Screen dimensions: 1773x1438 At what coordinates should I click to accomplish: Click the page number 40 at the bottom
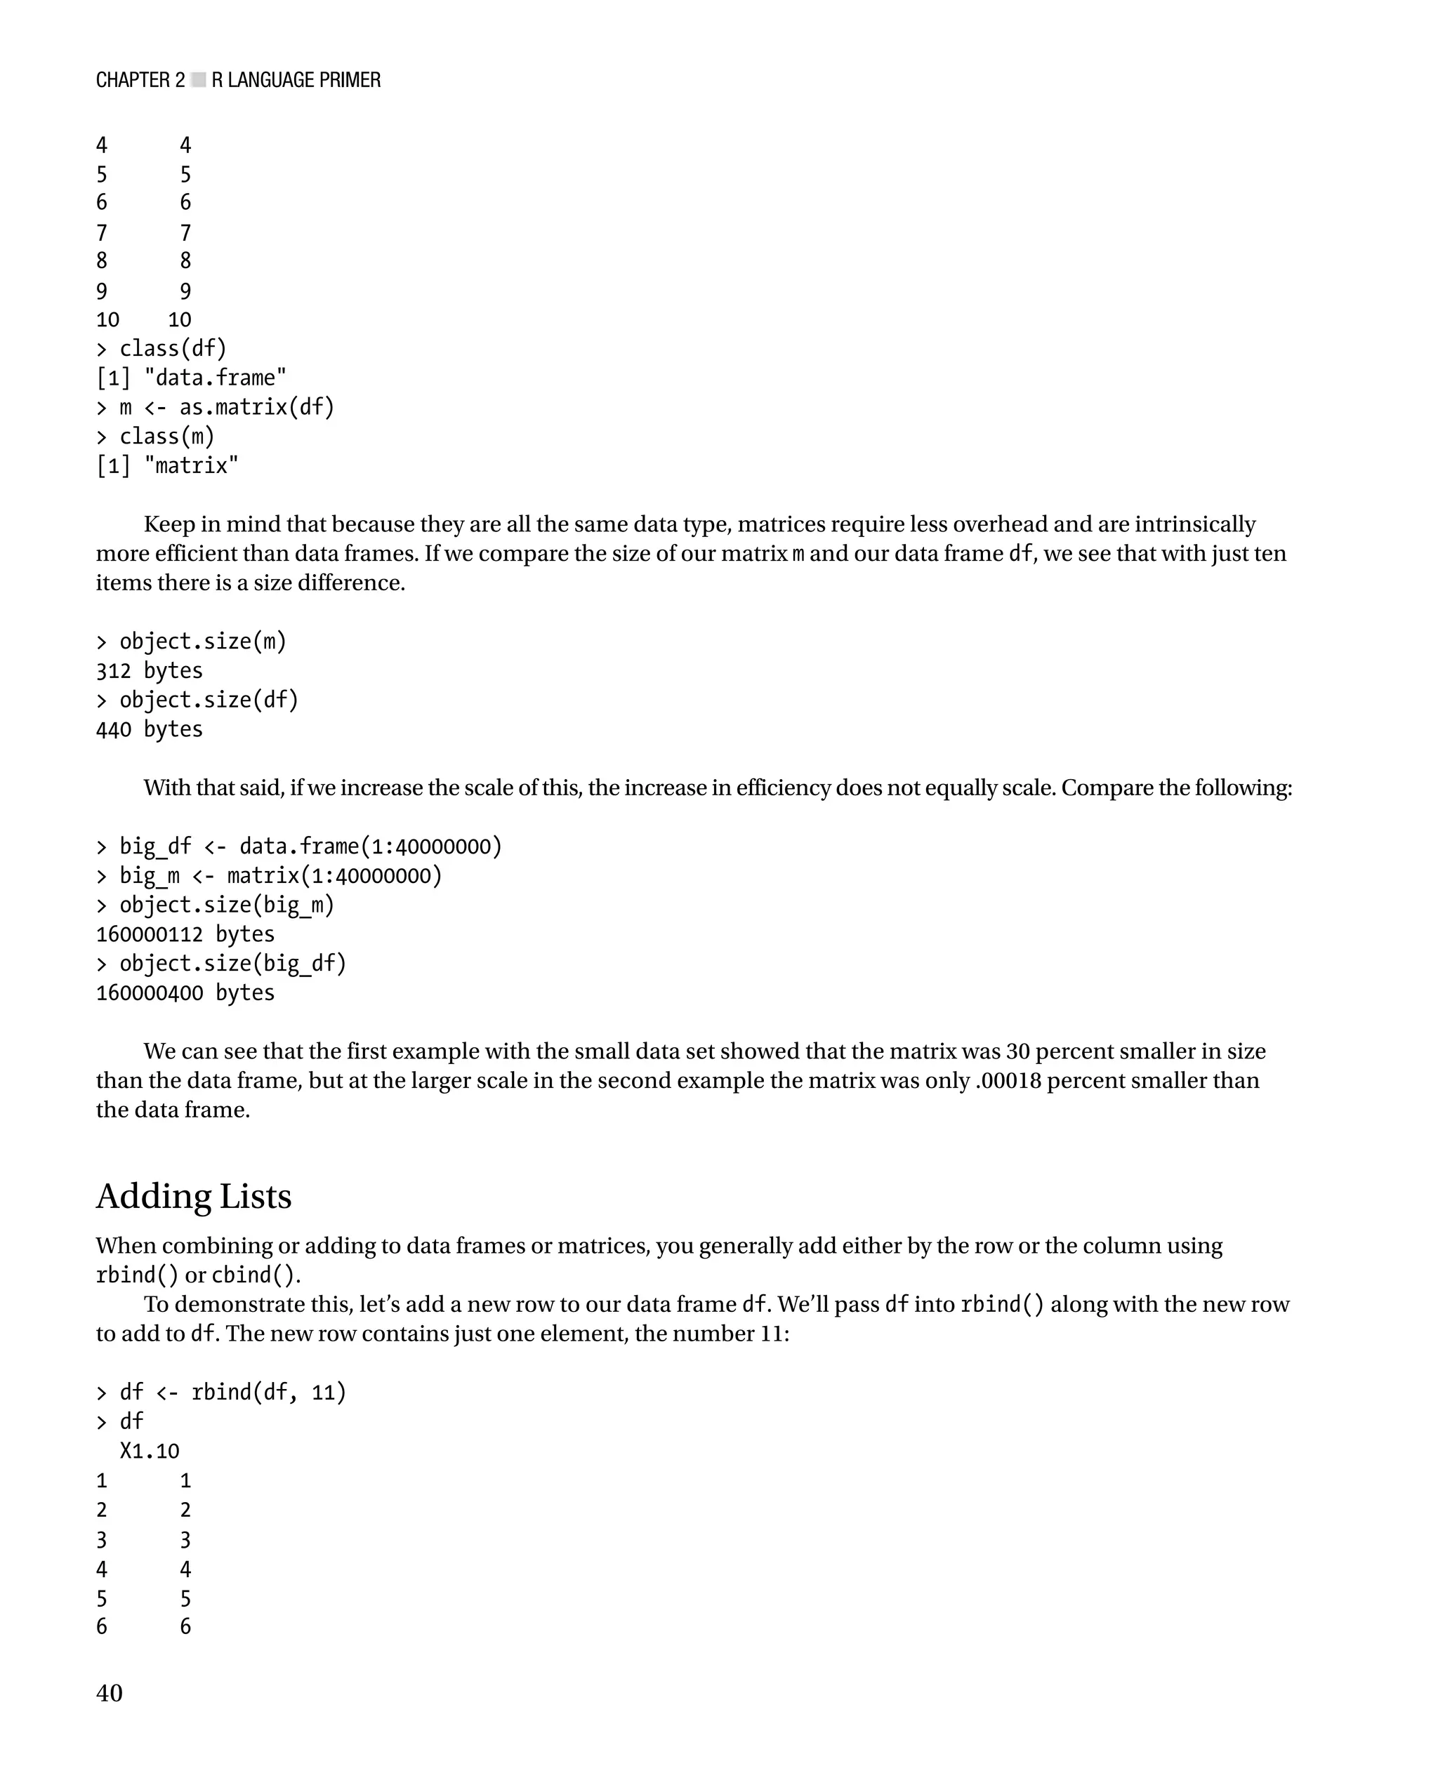point(110,1693)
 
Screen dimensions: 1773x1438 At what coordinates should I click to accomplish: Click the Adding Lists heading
point(194,1197)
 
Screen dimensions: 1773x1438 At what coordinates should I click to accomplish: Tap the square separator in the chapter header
point(198,80)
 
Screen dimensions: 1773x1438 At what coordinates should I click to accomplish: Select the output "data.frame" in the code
point(215,378)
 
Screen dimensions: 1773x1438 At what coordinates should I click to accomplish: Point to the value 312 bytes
point(149,671)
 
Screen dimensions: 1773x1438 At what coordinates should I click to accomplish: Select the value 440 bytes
point(149,729)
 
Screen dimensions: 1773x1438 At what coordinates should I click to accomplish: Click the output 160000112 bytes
point(185,934)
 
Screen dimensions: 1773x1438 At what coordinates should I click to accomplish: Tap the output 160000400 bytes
point(185,993)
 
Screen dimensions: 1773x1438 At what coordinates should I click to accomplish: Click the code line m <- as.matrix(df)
point(226,407)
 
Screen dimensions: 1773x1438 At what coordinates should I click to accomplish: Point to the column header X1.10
point(149,1451)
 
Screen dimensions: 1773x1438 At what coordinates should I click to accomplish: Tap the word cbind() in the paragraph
point(254,1275)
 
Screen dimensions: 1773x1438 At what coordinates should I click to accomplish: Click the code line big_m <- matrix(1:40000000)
point(280,876)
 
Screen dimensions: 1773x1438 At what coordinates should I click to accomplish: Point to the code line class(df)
point(172,349)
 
